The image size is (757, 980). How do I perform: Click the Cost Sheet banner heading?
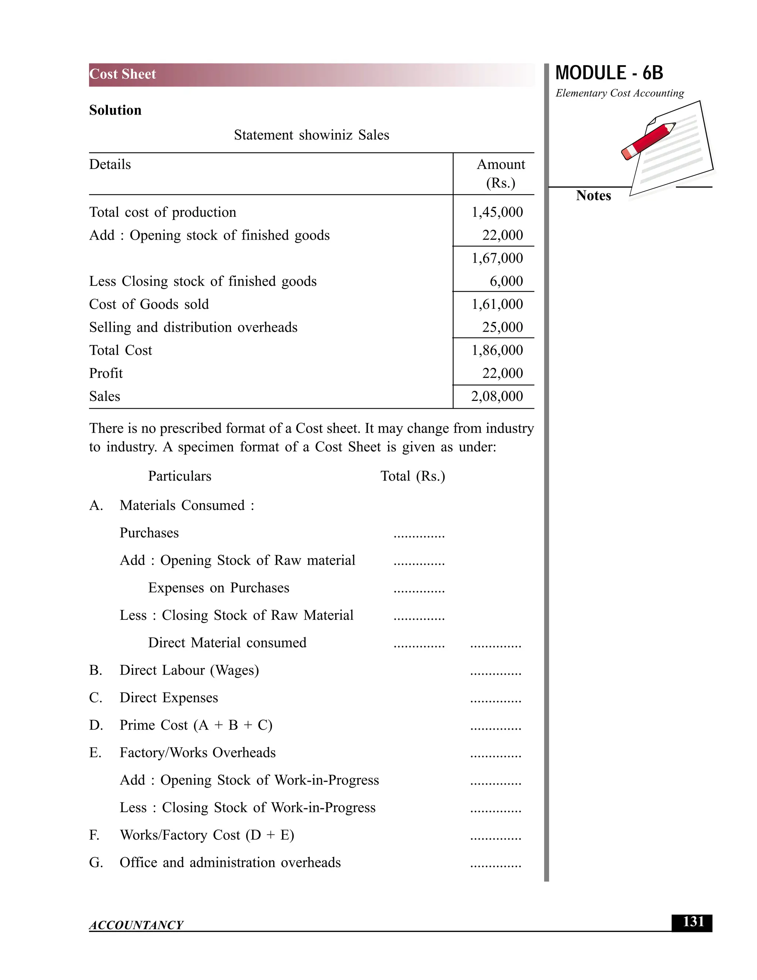122,74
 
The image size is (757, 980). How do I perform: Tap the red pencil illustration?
648,141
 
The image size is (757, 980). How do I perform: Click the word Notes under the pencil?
593,196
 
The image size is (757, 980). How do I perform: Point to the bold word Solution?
115,110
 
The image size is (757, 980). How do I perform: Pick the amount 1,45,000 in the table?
497,212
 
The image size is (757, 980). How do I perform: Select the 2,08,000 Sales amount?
497,396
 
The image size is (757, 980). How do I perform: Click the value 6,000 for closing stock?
506,281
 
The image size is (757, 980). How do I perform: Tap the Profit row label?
106,374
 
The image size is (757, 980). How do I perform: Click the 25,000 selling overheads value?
502,327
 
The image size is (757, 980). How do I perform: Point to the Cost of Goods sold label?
149,304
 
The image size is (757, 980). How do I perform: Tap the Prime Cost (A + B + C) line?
196,725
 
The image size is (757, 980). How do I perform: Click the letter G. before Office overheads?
96,862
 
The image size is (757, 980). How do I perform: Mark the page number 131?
693,922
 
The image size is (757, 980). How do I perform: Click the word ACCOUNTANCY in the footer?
136,925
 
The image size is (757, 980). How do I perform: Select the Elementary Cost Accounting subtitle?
619,93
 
